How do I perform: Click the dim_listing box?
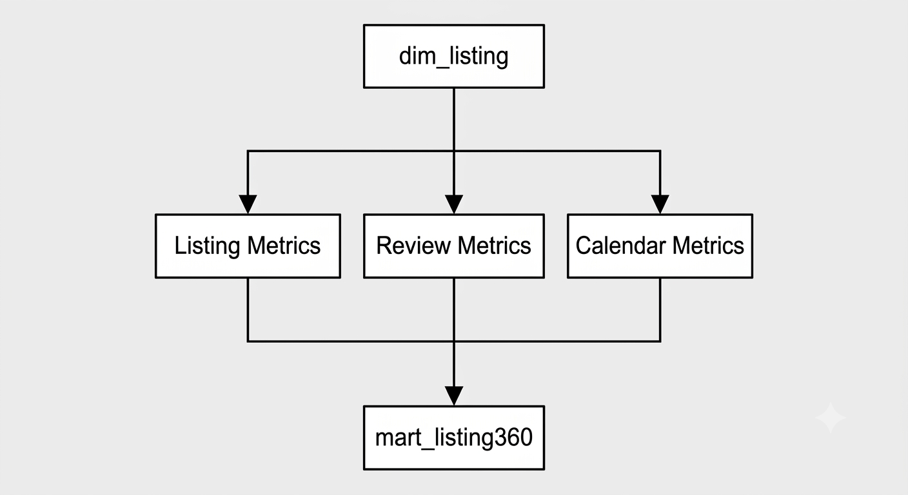tap(453, 56)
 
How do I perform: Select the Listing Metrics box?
tap(248, 246)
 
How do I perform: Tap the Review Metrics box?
tap(453, 246)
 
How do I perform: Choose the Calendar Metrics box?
tap(660, 246)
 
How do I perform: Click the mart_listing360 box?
tap(453, 438)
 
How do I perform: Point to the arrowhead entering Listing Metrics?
tap(248, 204)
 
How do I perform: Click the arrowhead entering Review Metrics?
tap(453, 204)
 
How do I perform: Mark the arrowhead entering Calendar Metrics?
tap(660, 204)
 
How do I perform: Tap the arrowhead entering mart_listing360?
tap(453, 396)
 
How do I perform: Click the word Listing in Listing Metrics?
tap(207, 246)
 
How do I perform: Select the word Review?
tap(413, 246)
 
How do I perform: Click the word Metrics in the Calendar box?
tap(708, 246)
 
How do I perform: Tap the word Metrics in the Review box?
tap(494, 246)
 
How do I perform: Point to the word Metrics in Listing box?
tap(284, 246)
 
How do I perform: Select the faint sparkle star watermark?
tap(830, 418)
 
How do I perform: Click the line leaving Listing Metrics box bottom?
tap(248, 310)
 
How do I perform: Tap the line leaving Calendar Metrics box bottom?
tap(660, 310)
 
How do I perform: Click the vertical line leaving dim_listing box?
tap(453, 142)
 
